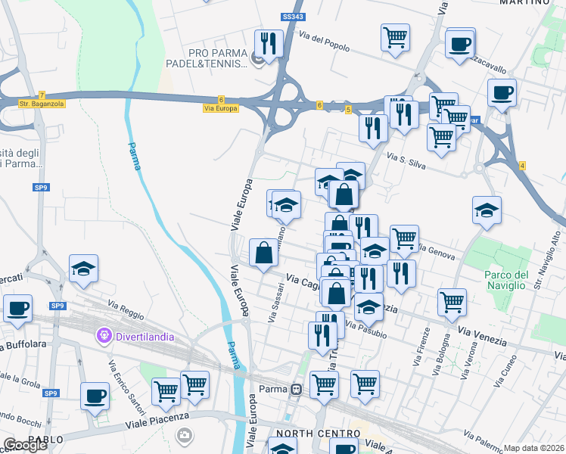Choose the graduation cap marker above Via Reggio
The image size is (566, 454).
click(83, 269)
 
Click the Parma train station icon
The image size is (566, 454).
click(297, 390)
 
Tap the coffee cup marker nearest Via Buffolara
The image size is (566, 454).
click(17, 309)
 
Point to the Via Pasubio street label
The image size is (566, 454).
click(365, 330)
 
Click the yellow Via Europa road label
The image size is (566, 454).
click(221, 108)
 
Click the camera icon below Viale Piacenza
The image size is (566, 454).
click(184, 435)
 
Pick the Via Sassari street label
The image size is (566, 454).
click(276, 303)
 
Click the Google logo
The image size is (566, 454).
click(25, 445)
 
